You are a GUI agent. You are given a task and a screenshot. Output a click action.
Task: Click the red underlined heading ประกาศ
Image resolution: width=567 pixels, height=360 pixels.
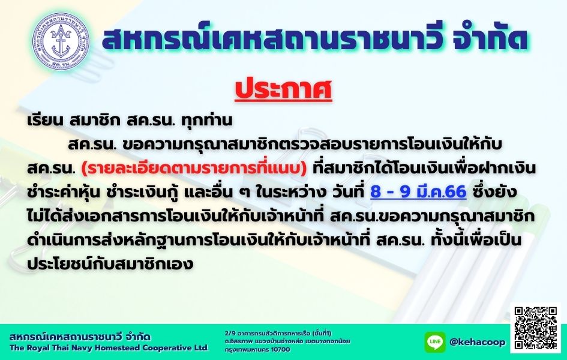coord(283,90)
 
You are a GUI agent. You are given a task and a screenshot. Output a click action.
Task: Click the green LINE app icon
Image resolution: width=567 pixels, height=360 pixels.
coord(435,341)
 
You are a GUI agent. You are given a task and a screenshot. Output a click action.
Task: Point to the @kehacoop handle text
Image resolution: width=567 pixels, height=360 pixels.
coord(478,341)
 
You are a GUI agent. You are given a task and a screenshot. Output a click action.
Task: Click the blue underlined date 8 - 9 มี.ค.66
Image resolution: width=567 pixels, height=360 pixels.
coord(418,192)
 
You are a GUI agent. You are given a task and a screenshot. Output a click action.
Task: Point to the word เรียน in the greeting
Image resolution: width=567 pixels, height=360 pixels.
coord(45,121)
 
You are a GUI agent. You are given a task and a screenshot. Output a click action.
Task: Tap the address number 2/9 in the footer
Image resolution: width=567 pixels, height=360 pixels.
coord(229,333)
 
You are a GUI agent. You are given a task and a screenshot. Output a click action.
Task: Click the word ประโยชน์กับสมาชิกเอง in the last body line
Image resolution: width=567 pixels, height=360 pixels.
coord(110,263)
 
